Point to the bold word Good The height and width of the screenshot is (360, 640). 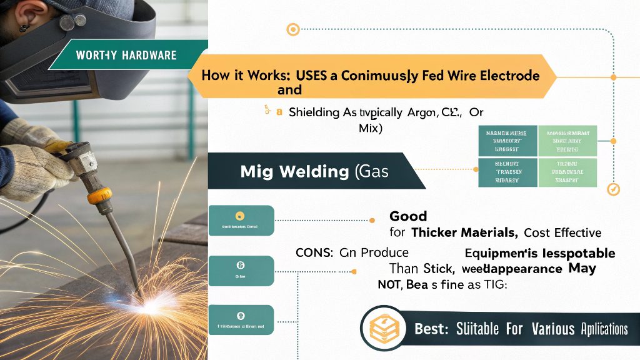click(x=408, y=216)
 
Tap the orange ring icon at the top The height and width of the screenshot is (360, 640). click(x=292, y=29)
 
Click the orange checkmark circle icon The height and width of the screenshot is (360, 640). click(x=613, y=188)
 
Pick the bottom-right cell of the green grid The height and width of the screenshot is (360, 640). click(x=567, y=171)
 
